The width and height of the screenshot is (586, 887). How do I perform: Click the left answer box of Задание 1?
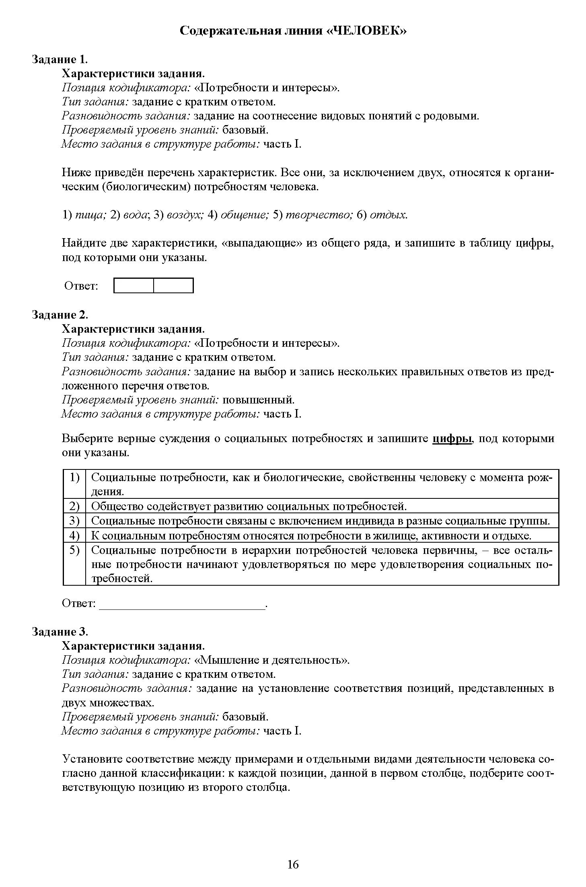pyautogui.click(x=134, y=286)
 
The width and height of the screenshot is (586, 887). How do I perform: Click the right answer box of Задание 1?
pyautogui.click(x=173, y=286)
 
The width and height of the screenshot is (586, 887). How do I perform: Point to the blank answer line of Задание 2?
pyautogui.click(x=182, y=604)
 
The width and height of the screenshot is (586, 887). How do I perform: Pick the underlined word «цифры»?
pyautogui.click(x=452, y=438)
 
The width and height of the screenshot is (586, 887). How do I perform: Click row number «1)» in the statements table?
pyautogui.click(x=74, y=477)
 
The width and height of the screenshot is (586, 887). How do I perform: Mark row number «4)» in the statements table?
pyautogui.click(x=74, y=536)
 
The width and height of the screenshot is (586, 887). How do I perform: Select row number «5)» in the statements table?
pyautogui.click(x=74, y=550)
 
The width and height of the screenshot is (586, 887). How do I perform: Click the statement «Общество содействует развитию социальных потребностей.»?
pyautogui.click(x=249, y=506)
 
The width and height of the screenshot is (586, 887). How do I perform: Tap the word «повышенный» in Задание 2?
pyautogui.click(x=258, y=400)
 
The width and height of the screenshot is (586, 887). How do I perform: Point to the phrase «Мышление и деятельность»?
pyautogui.click(x=271, y=660)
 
